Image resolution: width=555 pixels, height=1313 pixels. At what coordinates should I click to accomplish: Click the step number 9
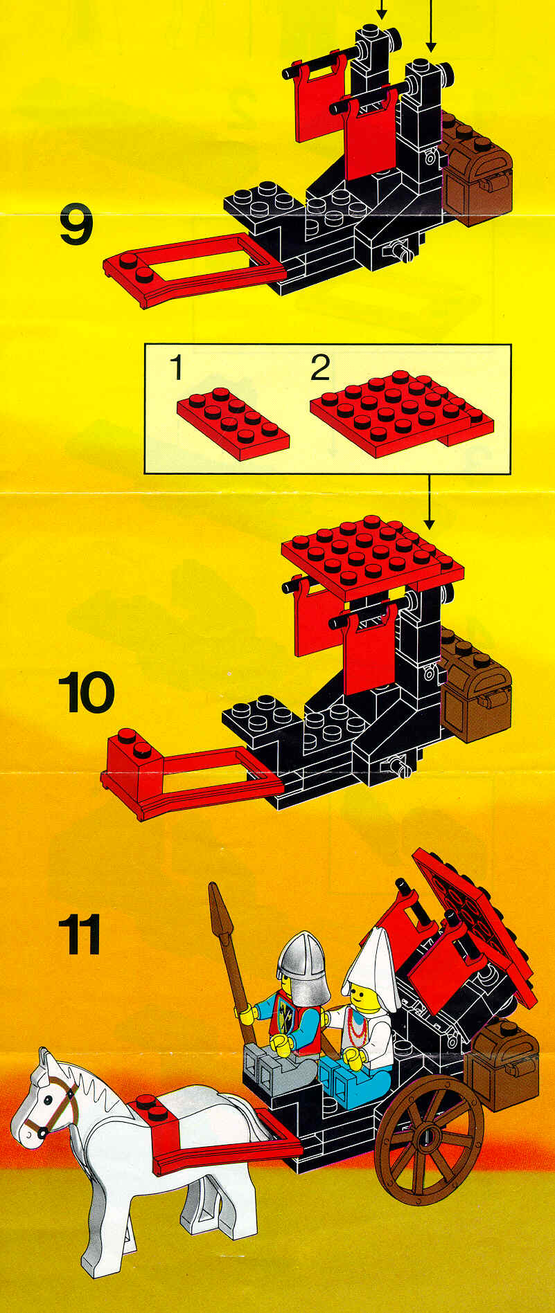[76, 226]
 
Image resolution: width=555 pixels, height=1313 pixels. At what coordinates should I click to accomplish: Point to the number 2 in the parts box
[319, 368]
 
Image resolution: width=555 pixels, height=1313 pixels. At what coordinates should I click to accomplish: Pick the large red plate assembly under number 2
[401, 413]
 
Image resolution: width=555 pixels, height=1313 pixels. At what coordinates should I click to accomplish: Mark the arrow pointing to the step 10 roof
[430, 502]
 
